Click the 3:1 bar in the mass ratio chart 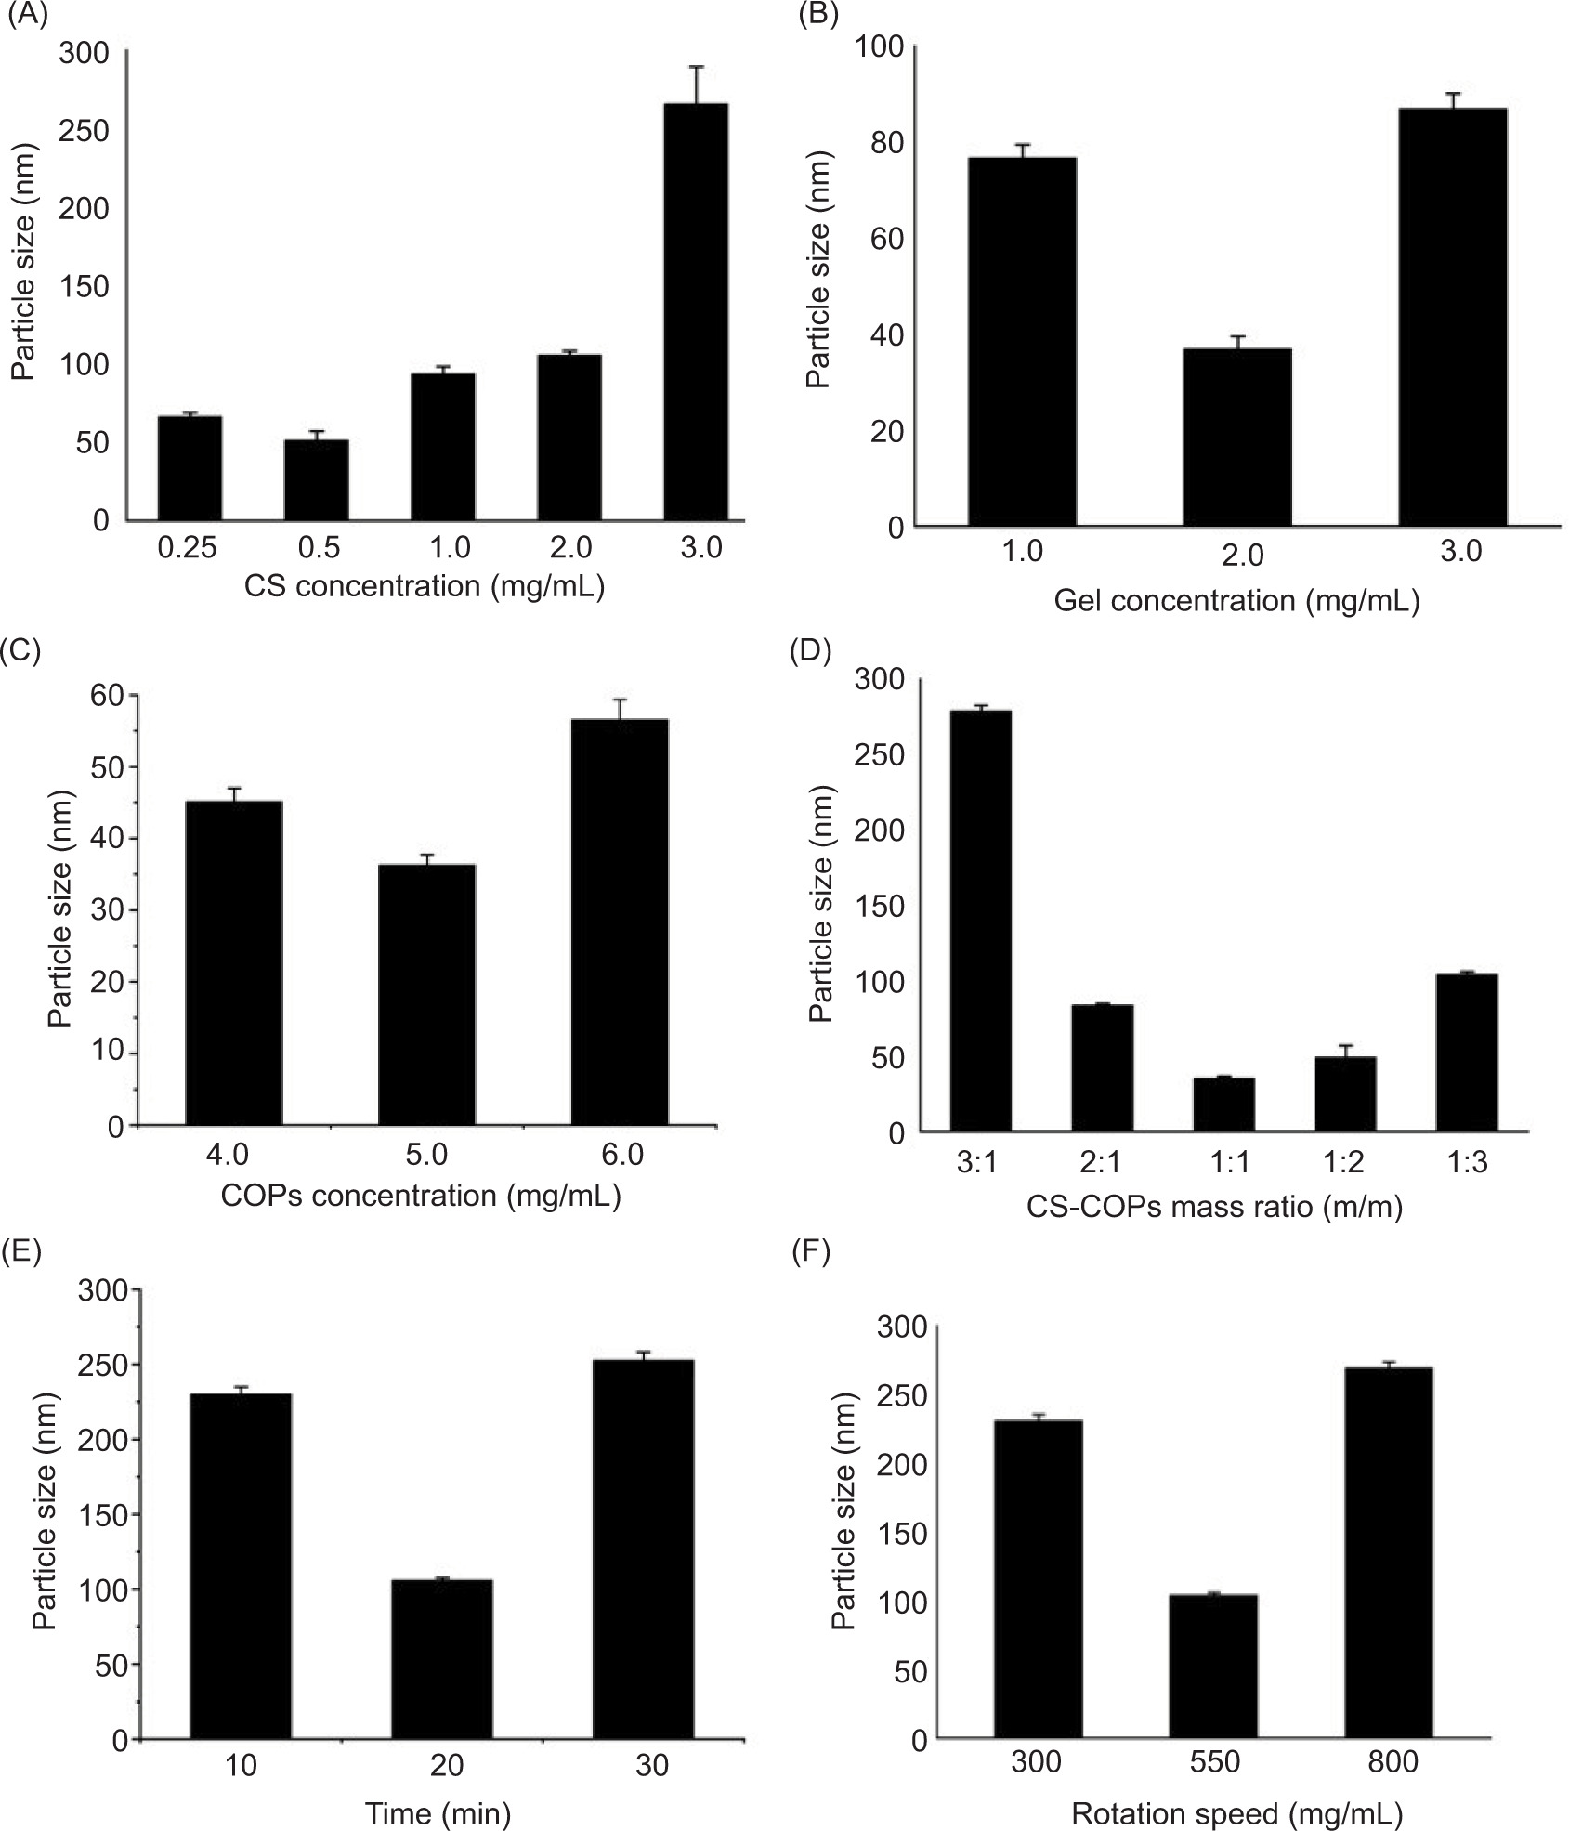pyautogui.click(x=975, y=921)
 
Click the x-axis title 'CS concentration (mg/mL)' pyautogui.click(x=425, y=587)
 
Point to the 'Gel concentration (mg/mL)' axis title pyautogui.click(x=1237, y=601)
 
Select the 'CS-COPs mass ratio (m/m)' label pyautogui.click(x=1214, y=1207)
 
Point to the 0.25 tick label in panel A pyautogui.click(x=188, y=548)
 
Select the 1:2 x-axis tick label pyautogui.click(x=1344, y=1163)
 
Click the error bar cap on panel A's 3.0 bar pyautogui.click(x=697, y=67)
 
